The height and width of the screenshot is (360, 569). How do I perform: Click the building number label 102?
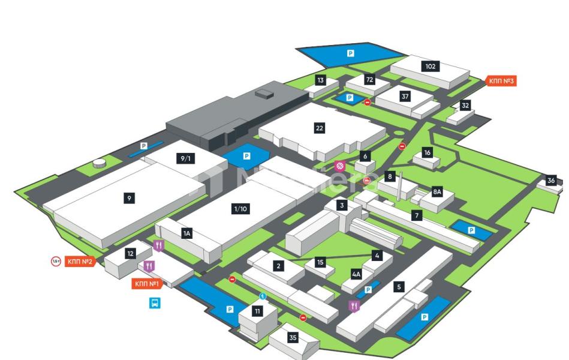click(430, 67)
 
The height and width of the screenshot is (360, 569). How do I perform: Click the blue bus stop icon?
click(155, 303)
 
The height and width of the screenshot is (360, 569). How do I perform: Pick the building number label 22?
click(320, 128)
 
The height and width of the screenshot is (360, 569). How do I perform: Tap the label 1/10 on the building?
click(240, 209)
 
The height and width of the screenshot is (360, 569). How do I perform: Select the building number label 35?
click(293, 338)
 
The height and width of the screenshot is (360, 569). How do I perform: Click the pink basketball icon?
click(340, 166)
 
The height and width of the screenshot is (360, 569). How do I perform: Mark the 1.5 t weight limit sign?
click(56, 261)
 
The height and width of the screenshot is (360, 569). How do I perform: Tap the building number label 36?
click(551, 181)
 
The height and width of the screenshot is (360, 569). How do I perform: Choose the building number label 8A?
click(438, 192)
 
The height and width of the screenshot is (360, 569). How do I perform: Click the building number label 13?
click(320, 80)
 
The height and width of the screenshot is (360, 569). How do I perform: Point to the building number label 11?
click(257, 311)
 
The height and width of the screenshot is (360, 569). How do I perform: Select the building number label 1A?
click(186, 233)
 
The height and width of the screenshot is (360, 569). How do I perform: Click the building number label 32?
click(465, 105)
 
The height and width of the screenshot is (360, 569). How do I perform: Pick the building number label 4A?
click(357, 274)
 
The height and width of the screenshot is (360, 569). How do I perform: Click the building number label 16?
click(427, 152)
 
